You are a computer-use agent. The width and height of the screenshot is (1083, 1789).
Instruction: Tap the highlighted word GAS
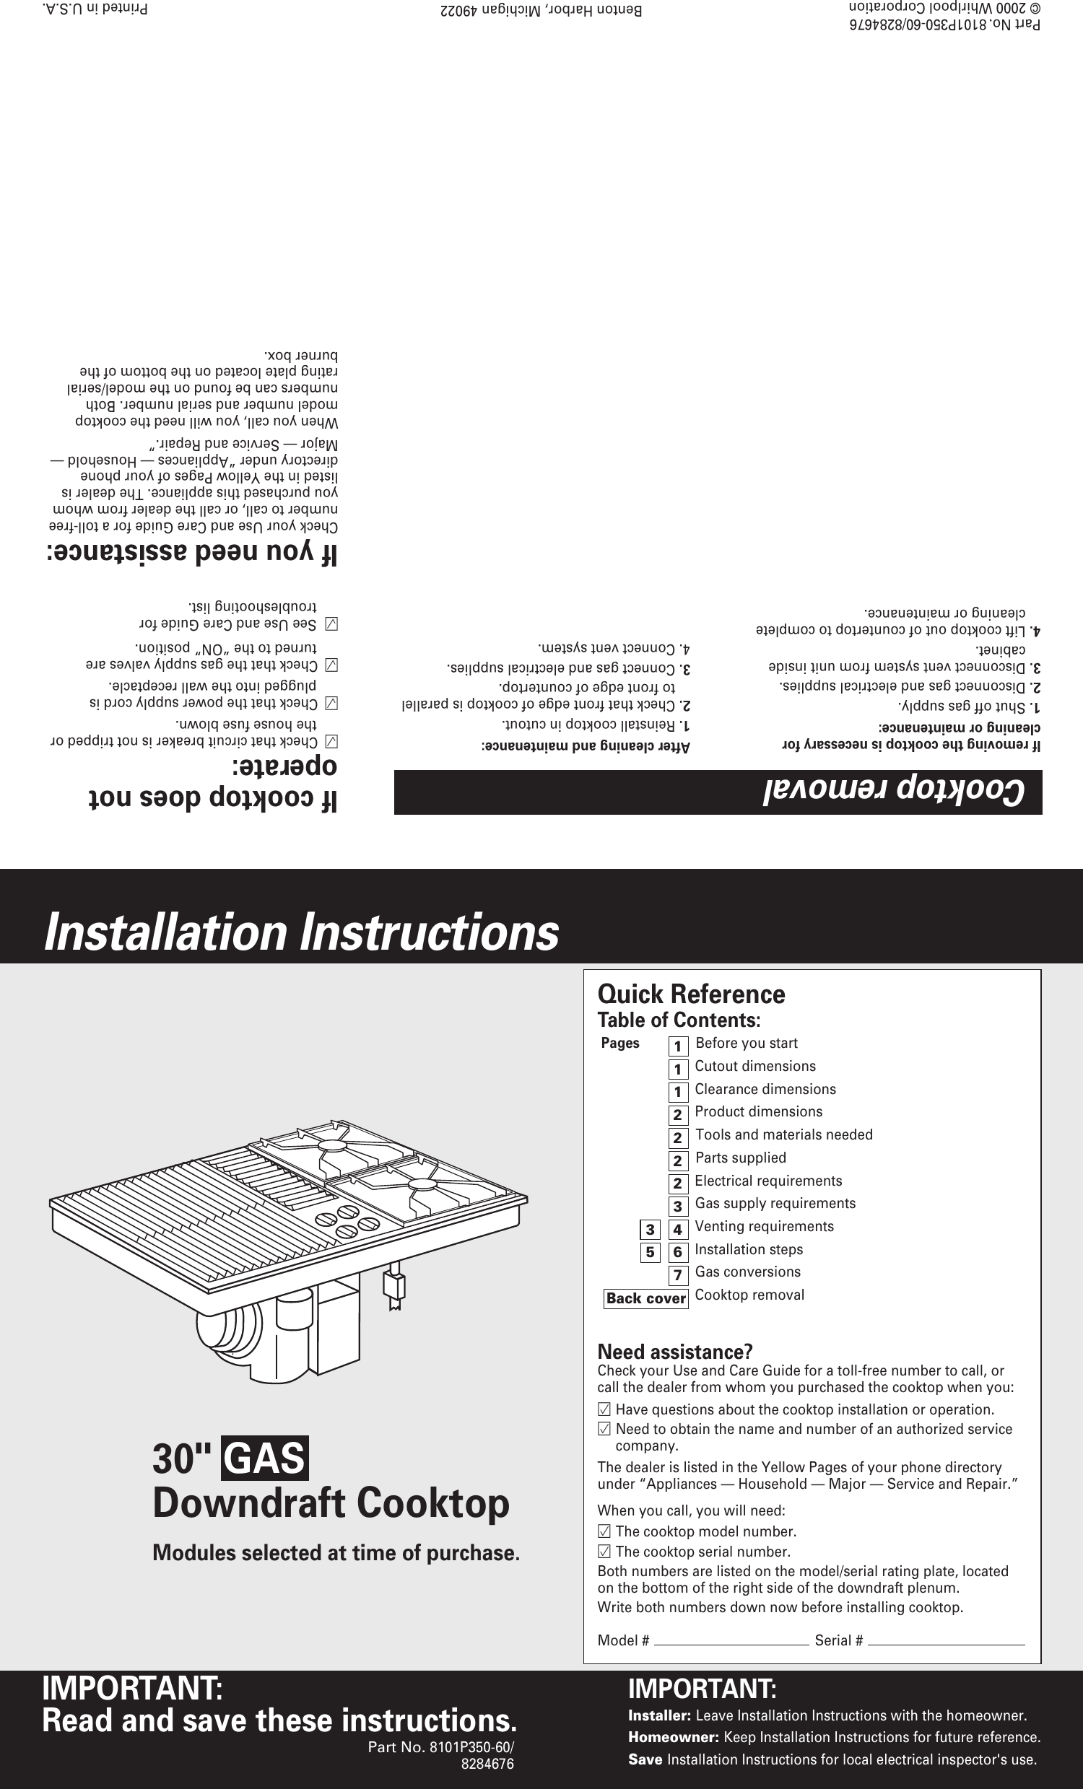[265, 1458]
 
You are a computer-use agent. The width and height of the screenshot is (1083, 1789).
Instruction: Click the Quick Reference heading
[691, 994]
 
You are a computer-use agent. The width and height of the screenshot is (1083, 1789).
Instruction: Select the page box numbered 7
[678, 1275]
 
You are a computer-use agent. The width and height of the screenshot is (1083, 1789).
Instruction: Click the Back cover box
[645, 1298]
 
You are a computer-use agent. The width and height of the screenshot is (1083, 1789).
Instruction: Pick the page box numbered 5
[650, 1251]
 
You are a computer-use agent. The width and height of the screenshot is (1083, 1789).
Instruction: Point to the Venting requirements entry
[763, 1226]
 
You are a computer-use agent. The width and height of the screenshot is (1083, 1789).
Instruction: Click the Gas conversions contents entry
[747, 1272]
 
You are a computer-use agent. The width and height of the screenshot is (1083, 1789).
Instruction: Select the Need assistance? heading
[674, 1352]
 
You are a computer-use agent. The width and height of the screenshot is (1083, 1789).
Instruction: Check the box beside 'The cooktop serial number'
[603, 1552]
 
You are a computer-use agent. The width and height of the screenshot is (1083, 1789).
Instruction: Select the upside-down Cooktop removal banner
[718, 792]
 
